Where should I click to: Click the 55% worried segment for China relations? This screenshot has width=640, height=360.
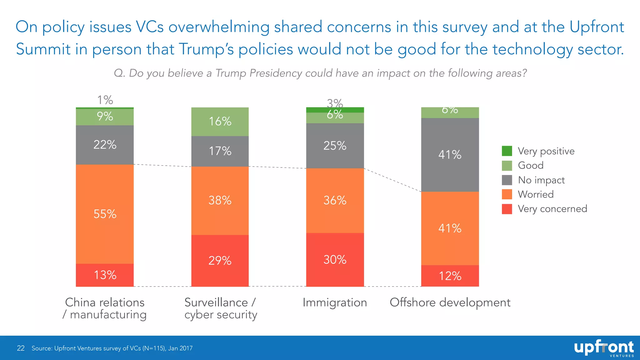105,214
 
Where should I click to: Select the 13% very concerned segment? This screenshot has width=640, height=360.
105,275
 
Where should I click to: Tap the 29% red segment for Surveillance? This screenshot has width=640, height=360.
220,260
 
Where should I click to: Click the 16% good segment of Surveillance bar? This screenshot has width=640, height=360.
220,122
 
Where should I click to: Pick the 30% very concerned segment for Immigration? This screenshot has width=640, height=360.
335,259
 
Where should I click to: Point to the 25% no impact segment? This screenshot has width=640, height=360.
335,146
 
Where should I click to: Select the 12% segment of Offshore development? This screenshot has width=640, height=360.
450,276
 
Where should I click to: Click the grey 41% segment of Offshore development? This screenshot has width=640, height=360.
450,155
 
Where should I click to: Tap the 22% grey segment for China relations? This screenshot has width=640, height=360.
105,145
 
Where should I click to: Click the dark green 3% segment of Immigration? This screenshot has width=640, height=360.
335,110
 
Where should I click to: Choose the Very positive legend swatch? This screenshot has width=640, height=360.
507,151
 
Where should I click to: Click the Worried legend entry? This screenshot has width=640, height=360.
536,194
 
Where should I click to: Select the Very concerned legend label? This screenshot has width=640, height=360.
552,209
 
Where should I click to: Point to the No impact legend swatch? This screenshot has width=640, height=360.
507,180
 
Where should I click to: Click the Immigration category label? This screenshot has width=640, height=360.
335,302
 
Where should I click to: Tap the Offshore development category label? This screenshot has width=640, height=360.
450,302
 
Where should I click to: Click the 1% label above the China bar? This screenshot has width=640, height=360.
105,100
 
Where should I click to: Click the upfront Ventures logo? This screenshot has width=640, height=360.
604,348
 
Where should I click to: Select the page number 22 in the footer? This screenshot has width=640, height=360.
21,348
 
